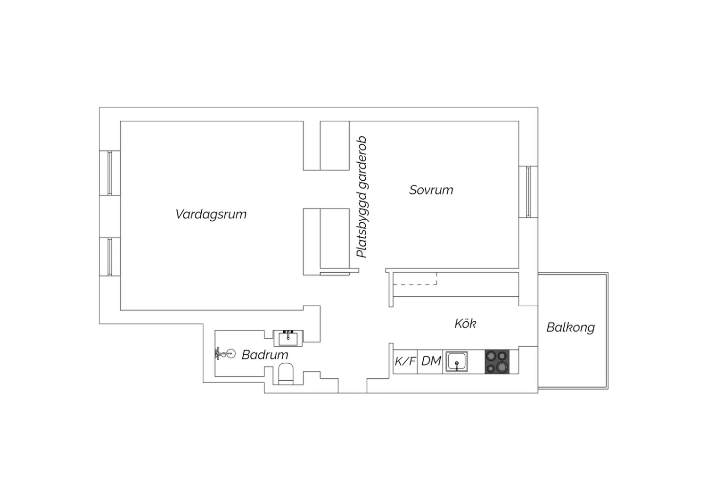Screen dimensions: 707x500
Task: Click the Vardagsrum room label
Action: tap(211, 215)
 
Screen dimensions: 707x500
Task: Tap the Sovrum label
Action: tap(431, 190)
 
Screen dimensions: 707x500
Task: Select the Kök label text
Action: tap(465, 323)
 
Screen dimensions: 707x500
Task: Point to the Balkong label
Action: tap(571, 327)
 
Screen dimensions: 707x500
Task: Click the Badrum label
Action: tap(265, 355)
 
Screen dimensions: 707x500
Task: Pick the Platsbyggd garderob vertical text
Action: tap(362, 197)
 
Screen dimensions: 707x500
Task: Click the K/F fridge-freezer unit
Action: tap(405, 362)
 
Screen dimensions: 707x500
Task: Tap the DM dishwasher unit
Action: tap(430, 362)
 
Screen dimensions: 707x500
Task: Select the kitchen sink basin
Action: tap(457, 361)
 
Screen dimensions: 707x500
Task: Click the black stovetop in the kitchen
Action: tap(497, 362)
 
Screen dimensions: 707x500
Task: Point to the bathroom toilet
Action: tap(286, 374)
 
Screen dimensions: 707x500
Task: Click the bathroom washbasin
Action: tap(288, 338)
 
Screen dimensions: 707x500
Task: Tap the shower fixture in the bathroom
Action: tap(225, 353)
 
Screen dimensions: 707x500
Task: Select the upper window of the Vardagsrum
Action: tap(110, 173)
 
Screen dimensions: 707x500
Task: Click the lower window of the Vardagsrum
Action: tap(110, 257)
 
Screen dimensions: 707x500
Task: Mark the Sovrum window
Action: tap(528, 192)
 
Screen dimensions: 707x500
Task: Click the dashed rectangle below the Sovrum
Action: tap(415, 278)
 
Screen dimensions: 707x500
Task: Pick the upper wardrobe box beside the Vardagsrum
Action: tap(335, 146)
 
